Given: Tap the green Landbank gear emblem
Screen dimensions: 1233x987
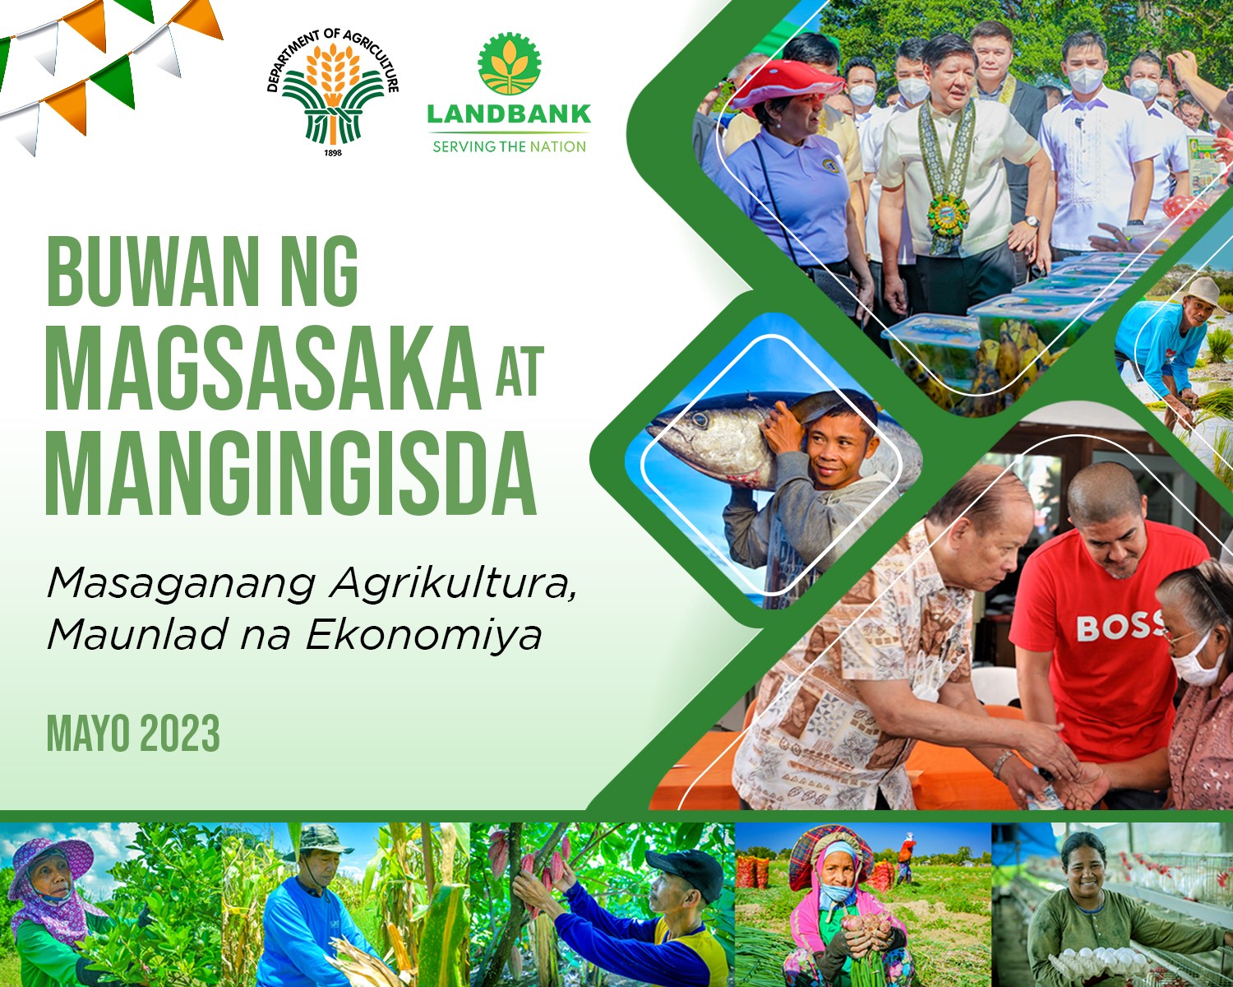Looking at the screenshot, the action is coord(509,63).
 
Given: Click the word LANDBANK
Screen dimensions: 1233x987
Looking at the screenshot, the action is coord(509,114).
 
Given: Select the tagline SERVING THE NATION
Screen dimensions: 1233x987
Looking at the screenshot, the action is coord(509,147).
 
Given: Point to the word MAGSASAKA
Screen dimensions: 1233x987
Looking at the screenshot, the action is coord(263,368).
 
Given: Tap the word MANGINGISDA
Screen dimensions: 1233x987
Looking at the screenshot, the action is coord(291,474).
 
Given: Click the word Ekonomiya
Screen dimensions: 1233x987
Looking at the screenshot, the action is coord(423,636).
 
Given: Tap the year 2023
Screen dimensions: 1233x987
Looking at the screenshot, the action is coord(179,733).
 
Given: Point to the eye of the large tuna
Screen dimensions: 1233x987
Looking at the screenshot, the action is coord(700,420).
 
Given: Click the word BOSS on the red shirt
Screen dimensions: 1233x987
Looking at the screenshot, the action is coord(1119,628).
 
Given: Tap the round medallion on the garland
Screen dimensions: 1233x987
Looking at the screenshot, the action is coord(947,215).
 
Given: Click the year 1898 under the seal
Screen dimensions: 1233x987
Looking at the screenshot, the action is coord(333,152).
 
